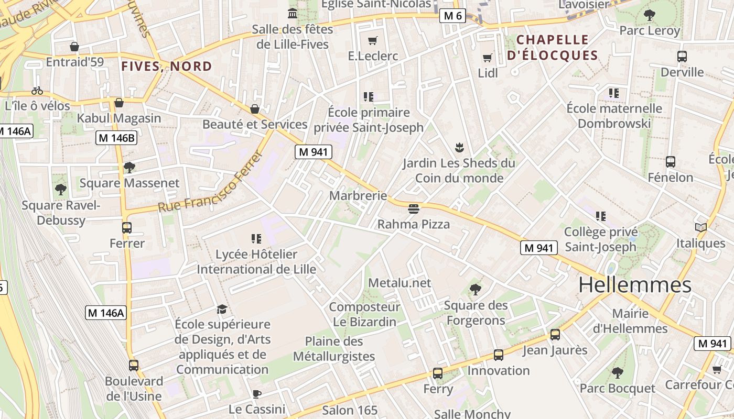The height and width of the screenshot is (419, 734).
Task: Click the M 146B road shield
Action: tap(116, 138)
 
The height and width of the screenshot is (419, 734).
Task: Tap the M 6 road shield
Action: tap(452, 16)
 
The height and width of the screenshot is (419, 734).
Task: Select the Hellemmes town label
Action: tap(635, 285)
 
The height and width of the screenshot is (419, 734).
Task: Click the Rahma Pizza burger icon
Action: tap(413, 210)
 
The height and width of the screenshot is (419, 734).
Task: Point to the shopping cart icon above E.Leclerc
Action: tap(373, 40)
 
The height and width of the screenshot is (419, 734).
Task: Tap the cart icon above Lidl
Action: tap(488, 58)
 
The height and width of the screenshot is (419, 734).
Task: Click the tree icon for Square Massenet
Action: tap(129, 168)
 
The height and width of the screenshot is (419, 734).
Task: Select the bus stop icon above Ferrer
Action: tap(126, 228)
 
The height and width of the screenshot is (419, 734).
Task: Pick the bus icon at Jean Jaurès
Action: tap(555, 335)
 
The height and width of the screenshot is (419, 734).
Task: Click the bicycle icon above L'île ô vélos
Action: tap(37, 91)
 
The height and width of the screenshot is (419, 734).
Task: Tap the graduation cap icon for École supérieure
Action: tap(222, 309)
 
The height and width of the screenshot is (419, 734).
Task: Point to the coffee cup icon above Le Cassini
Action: tap(256, 394)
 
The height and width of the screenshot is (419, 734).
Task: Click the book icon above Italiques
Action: tap(700, 227)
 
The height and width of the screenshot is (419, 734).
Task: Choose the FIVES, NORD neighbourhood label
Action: tap(167, 67)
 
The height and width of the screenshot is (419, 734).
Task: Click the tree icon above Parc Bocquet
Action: tap(617, 373)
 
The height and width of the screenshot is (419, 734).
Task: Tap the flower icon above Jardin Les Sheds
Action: tap(459, 147)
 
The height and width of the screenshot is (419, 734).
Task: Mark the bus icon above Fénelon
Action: tap(670, 162)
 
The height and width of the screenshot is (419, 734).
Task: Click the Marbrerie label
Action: tap(358, 196)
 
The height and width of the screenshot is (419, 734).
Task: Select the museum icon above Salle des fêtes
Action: tap(293, 13)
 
